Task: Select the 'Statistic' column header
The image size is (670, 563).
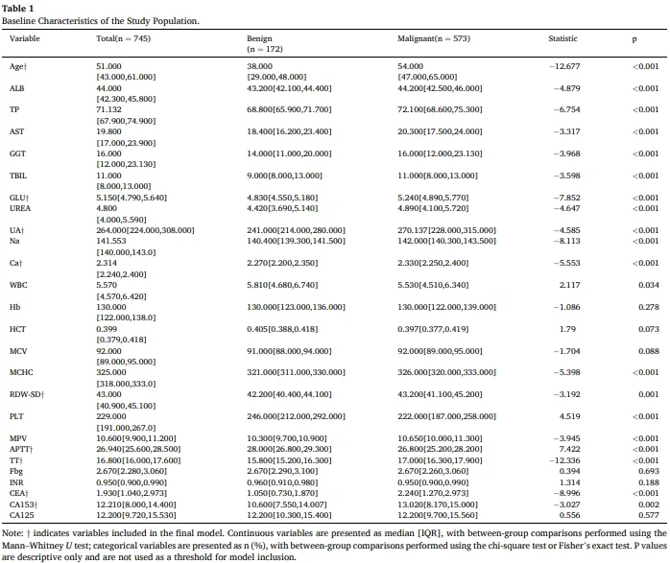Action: coord(562,38)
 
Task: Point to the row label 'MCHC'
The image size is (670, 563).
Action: coord(21,372)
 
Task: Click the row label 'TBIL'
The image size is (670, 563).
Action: coord(18,176)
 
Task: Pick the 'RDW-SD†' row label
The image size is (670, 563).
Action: coord(26,394)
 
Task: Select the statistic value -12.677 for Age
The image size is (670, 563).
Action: coord(564,66)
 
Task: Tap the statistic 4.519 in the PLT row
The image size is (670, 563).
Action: coord(569,416)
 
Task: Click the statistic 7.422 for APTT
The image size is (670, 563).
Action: coord(569,449)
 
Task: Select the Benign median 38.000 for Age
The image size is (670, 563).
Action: coord(259,66)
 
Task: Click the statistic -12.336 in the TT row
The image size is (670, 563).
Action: coord(564,460)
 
